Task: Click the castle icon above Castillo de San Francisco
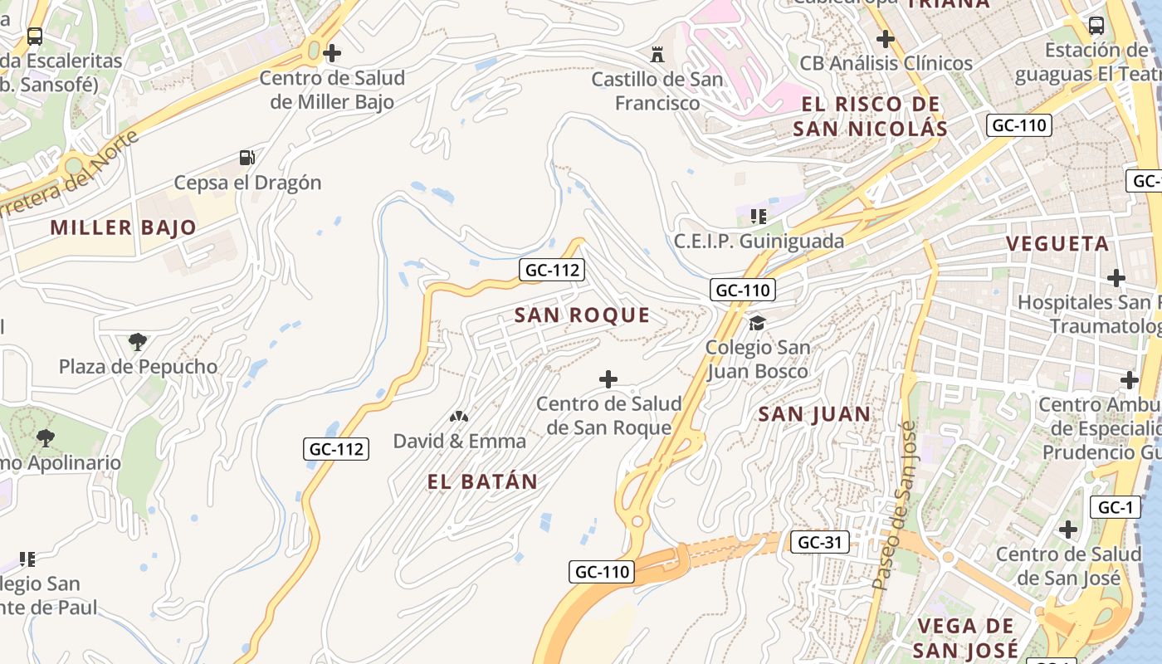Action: click(657, 55)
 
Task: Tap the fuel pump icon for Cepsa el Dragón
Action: click(247, 158)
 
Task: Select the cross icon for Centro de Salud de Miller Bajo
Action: click(332, 54)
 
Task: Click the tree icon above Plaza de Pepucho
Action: click(138, 341)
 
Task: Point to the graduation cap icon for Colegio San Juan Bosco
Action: click(757, 322)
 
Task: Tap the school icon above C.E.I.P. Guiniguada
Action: click(758, 217)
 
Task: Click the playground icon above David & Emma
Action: click(458, 416)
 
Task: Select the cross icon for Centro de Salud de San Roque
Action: click(608, 379)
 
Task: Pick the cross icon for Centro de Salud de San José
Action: click(1068, 529)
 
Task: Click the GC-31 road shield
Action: click(819, 542)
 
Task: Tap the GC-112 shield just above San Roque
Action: click(551, 270)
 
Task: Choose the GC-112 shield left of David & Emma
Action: click(335, 449)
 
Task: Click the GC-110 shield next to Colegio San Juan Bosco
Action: click(743, 290)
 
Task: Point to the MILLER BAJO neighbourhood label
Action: click(124, 227)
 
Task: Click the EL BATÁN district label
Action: click(482, 481)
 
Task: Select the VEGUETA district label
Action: click(1057, 244)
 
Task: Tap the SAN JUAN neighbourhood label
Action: click(814, 414)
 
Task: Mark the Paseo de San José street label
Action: click(895, 506)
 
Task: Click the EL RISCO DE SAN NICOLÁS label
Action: click(870, 117)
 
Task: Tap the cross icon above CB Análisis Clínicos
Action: click(886, 38)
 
